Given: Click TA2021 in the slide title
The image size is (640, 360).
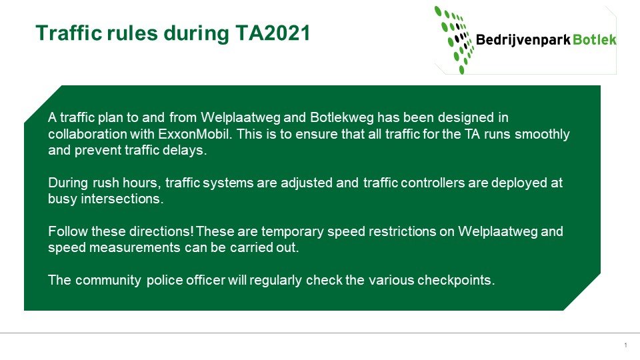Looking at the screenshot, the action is [273, 33].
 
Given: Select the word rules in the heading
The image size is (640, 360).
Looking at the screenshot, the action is [132, 33].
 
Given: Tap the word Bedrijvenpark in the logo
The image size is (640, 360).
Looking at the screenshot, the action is [523, 40].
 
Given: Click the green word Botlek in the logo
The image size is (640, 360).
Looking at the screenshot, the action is [594, 39].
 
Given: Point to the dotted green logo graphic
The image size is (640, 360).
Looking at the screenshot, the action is [455, 39].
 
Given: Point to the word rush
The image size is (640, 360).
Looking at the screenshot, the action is [106, 183].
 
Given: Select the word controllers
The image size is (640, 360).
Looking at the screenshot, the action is [433, 183].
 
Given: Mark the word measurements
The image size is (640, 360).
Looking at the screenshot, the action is [135, 248].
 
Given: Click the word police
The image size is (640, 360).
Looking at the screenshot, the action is [165, 281].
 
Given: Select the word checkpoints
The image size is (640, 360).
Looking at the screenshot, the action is [456, 281].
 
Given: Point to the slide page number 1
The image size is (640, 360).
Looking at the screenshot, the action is [626, 345].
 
